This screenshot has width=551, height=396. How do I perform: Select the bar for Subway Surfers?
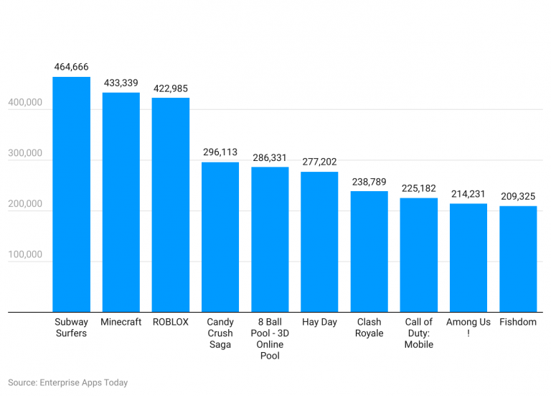pyautogui.click(x=71, y=194)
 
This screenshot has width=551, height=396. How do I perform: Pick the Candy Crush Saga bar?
pyautogui.click(x=220, y=237)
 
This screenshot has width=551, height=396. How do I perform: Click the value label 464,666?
pyautogui.click(x=71, y=67)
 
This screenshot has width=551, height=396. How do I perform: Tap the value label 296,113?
pyautogui.click(x=220, y=152)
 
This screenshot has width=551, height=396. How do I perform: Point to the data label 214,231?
pyautogui.click(x=468, y=194)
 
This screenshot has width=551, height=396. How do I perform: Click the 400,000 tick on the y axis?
pyautogui.click(x=25, y=104)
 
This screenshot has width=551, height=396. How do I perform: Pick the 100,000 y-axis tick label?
pyautogui.click(x=25, y=255)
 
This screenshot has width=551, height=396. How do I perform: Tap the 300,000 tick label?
pyautogui.click(x=25, y=155)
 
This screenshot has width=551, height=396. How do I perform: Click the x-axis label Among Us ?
pyautogui.click(x=468, y=327)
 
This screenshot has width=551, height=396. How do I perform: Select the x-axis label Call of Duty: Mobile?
pyautogui.click(x=419, y=333)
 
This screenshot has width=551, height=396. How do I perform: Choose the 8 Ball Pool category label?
pyautogui.click(x=270, y=339)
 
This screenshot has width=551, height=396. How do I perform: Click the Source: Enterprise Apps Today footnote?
pyautogui.click(x=68, y=382)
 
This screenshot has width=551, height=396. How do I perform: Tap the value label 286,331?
pyautogui.click(x=270, y=157)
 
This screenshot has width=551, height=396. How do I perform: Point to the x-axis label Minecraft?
pyautogui.click(x=121, y=322)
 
